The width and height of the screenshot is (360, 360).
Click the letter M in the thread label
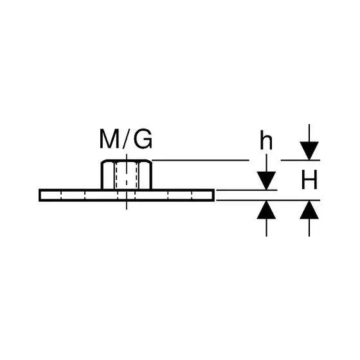coord(110,139)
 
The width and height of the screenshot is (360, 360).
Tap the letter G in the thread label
coord(143,139)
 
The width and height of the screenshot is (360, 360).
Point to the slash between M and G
coord(127,139)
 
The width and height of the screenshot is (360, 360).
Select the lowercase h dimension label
coord(266,140)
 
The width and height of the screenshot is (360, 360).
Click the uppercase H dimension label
coord(309,179)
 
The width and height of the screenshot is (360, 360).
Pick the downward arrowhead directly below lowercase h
coord(266,181)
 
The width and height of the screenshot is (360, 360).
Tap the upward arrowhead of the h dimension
coord(266,210)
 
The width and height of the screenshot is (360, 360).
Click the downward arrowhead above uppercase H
coord(309,151)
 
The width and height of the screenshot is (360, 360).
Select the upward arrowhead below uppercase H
coord(309,210)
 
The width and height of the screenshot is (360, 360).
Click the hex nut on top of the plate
coord(127,174)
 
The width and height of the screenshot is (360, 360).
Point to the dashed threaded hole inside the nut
coord(127,176)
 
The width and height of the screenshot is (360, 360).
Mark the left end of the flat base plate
coord(39,195)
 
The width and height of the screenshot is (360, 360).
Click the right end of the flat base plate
coord(214,195)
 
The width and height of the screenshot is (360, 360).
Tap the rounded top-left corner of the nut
coord(103,161)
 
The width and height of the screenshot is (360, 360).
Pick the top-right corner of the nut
coord(150,161)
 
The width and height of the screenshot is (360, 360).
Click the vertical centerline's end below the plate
coord(127,209)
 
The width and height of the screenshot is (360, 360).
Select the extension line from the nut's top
coord(201,160)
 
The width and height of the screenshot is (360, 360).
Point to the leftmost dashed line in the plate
coord(61,195)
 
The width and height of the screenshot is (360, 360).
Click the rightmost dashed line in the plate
coord(192,195)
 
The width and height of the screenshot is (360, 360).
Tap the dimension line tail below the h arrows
coord(266,228)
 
